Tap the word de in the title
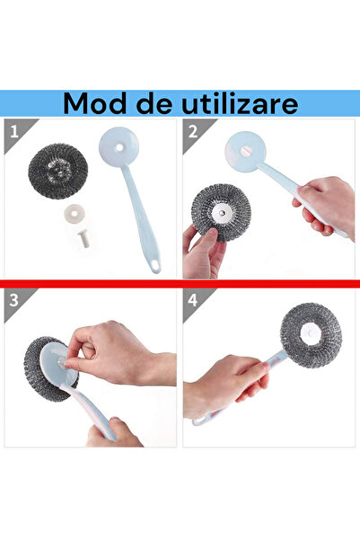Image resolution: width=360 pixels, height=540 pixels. tap(154, 103)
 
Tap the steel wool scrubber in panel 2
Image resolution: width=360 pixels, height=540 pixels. tap(220, 213)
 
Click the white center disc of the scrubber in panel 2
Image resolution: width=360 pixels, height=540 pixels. tap(220, 212)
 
